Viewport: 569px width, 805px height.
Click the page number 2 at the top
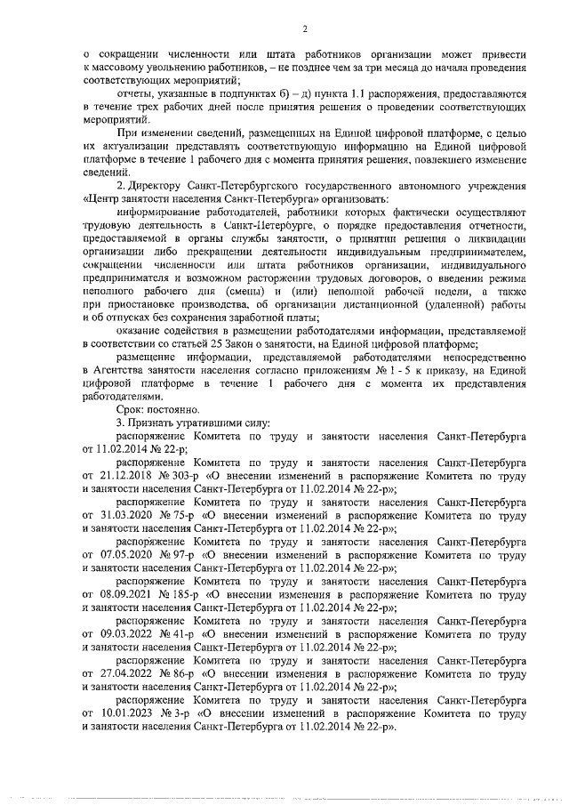point(304,28)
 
